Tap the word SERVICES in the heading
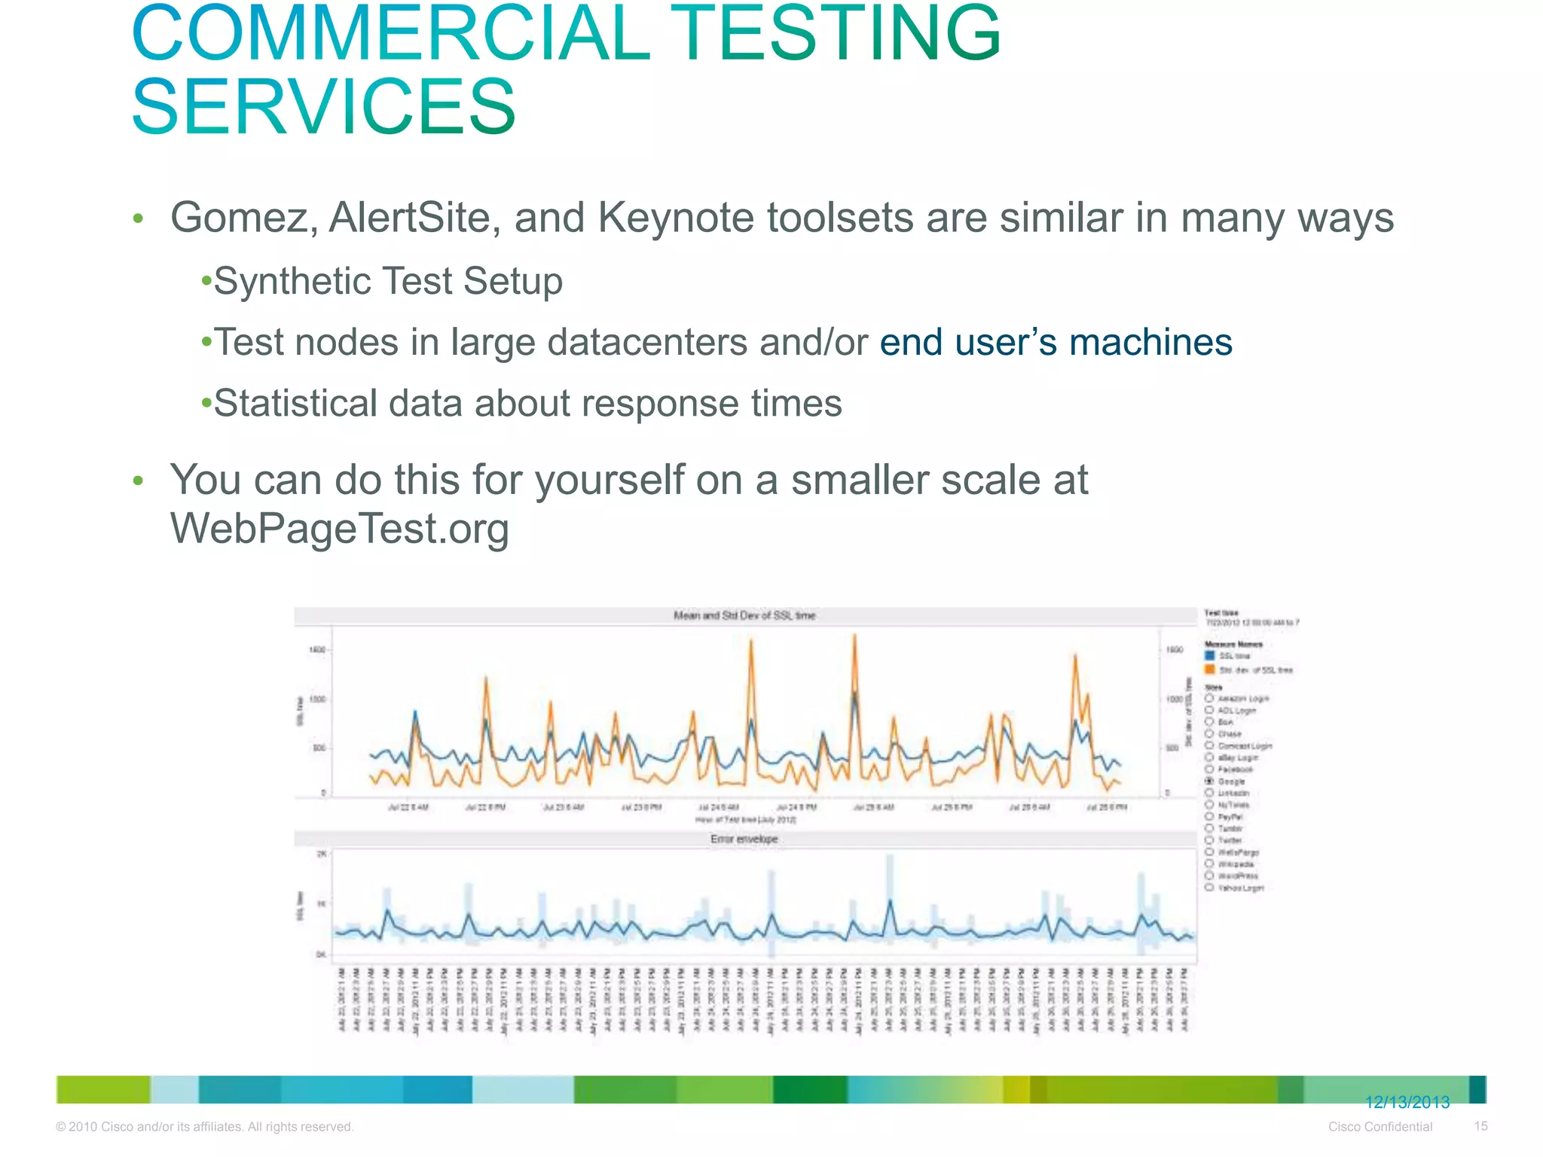click(324, 107)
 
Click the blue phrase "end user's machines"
click(1056, 342)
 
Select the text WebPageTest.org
click(340, 528)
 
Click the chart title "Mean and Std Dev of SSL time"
click(744, 615)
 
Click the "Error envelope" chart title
click(744, 838)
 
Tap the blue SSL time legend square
click(1209, 655)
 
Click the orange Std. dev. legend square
click(1209, 669)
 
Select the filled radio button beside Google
click(1209, 781)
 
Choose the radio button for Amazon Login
click(1209, 698)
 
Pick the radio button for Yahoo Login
click(1209, 887)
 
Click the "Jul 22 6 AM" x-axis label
click(408, 807)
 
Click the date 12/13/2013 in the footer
click(1407, 1103)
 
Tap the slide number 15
click(1480, 1126)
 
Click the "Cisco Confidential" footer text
click(1380, 1127)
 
